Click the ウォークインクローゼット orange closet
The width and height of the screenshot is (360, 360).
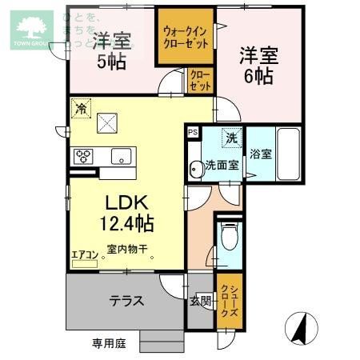coord(186,37)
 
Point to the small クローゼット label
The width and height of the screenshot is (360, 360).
coord(200,81)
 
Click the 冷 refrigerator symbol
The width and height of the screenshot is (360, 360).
coord(79,106)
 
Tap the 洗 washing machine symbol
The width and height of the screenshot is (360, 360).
coord(230,138)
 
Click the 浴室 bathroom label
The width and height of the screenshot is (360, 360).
coord(260,154)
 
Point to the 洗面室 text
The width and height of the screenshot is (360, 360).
coord(222,166)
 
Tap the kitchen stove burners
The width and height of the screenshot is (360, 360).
coord(84,156)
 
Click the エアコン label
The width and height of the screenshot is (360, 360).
coord(84,254)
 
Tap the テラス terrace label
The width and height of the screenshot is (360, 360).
coord(126,301)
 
